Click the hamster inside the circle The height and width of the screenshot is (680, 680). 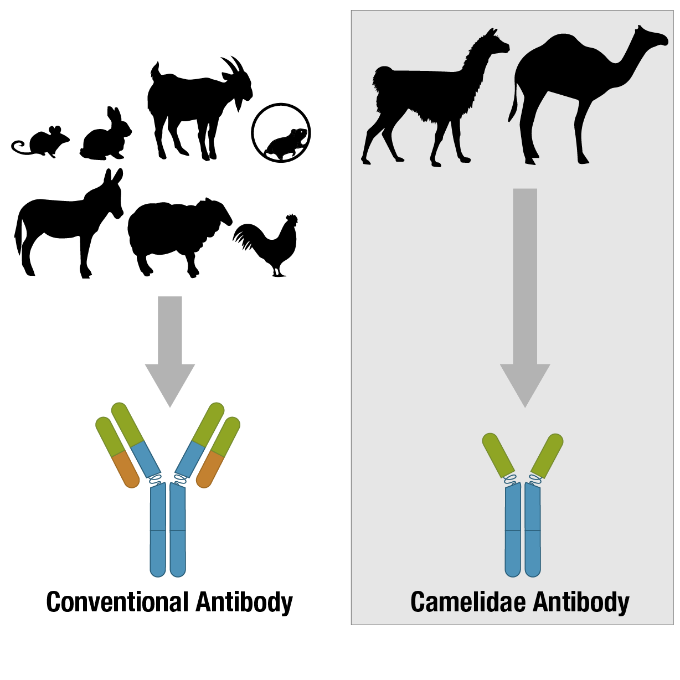coord(284,144)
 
